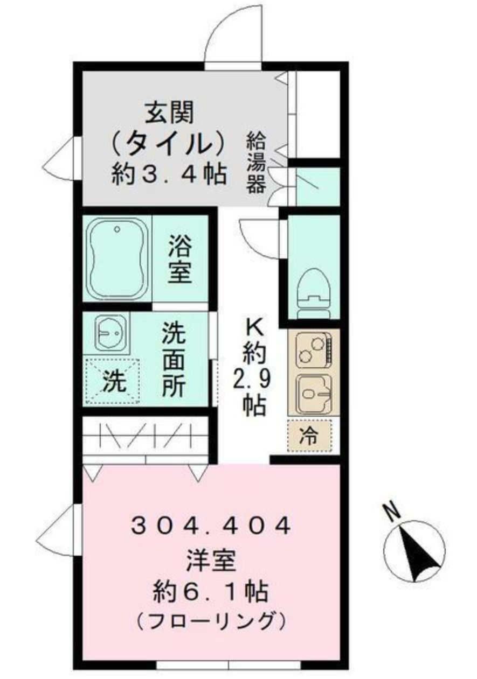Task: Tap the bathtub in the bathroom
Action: coord(117,257)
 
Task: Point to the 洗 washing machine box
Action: coord(113,381)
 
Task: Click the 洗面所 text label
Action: coord(175,360)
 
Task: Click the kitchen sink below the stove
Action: coord(314,393)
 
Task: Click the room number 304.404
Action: coord(211,524)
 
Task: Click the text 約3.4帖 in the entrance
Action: coord(169,174)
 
